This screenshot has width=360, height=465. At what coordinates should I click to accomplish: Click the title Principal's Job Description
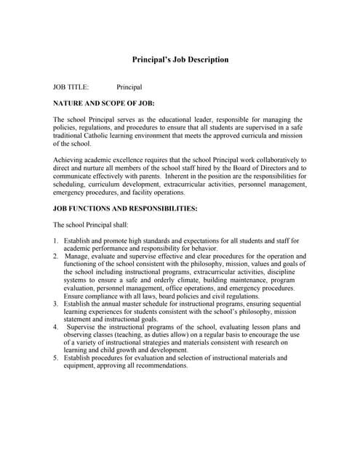point(180,60)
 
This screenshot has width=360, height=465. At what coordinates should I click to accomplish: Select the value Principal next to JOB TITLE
point(129,87)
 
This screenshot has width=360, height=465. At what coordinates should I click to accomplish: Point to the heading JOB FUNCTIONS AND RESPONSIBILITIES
point(125,209)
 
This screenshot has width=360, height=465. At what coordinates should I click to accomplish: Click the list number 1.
point(56,240)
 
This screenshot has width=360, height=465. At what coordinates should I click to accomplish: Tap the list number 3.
point(56,303)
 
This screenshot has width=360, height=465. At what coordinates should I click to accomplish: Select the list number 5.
point(56,358)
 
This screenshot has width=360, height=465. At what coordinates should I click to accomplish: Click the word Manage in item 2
point(78,256)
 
